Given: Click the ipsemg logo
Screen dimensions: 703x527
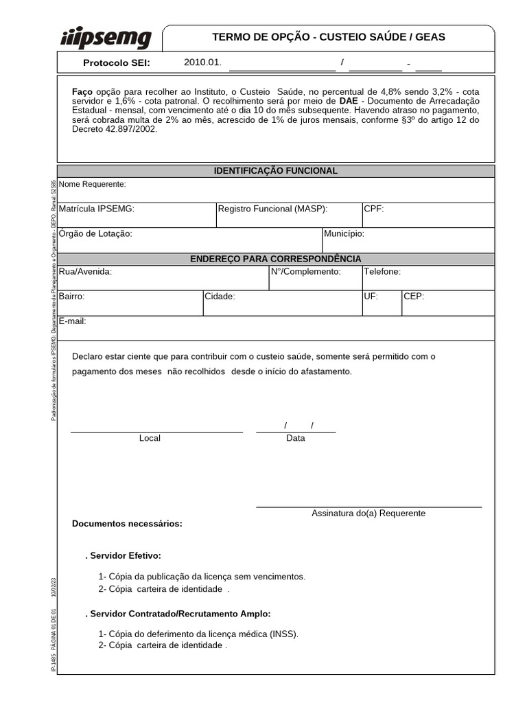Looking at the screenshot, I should pos(106,38).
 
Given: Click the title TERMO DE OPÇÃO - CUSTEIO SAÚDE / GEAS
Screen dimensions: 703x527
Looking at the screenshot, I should pos(329,37).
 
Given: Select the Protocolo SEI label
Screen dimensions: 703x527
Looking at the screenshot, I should pos(116,63).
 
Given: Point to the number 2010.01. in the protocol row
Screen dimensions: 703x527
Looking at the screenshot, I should pos(203,62).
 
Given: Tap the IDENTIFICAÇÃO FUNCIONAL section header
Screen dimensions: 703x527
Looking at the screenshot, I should pos(276,170).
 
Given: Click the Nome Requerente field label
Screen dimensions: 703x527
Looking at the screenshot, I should pos(93,184).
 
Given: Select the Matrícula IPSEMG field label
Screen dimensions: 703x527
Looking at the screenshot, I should pos(97,209).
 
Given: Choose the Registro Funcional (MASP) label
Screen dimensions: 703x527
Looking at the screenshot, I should pos(272,209).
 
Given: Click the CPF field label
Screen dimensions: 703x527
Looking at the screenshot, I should pos(374,209).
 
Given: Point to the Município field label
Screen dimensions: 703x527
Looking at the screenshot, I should pos(344,233).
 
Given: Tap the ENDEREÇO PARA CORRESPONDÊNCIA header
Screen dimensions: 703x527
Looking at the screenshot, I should pos(276,259).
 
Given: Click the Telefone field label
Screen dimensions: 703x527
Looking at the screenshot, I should pos(382,272).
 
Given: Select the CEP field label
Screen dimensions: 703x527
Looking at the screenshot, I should pos(414,297).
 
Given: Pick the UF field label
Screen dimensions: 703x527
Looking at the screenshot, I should pos(371,297).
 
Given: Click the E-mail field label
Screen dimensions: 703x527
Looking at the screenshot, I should pos(73,321).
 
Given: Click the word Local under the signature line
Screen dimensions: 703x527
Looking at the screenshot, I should pos(150,438).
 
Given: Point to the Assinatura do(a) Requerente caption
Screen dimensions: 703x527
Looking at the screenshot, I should pos(368,513).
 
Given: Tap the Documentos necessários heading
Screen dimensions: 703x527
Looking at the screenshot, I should pos(127,524).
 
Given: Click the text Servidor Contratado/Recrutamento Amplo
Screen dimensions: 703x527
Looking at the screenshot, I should pos(180,614).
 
